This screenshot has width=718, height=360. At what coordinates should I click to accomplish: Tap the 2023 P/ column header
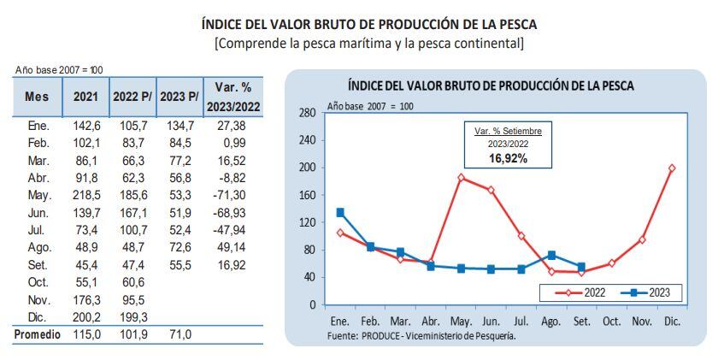click(x=179, y=97)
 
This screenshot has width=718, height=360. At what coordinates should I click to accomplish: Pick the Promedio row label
click(x=37, y=335)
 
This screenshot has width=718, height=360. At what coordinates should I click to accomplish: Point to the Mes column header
click(x=37, y=97)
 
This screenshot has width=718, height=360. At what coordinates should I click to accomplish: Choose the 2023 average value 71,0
click(x=179, y=335)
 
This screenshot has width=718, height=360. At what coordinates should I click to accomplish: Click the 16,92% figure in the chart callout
click(x=508, y=159)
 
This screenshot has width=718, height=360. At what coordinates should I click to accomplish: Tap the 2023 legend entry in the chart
click(x=650, y=292)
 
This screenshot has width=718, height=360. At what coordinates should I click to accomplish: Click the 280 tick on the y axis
click(x=309, y=113)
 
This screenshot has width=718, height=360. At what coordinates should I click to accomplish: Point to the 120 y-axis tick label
click(x=309, y=222)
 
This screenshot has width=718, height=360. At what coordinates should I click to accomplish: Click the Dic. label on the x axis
click(x=671, y=322)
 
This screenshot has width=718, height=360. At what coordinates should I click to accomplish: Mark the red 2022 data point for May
click(x=461, y=178)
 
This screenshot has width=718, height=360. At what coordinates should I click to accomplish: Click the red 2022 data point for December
click(x=671, y=168)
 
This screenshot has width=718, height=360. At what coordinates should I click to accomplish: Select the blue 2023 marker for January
click(x=340, y=212)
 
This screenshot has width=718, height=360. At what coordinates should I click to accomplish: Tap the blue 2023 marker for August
click(x=551, y=255)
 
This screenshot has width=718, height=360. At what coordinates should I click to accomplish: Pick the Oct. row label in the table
click(x=37, y=282)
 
